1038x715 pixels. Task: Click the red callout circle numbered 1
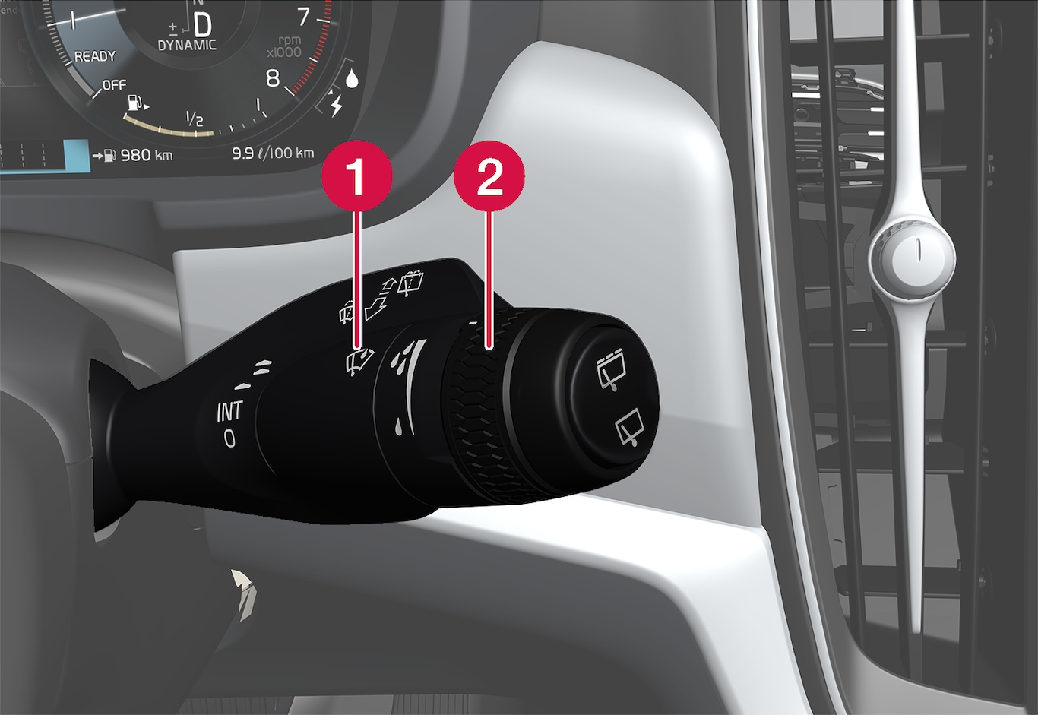[x=357, y=176]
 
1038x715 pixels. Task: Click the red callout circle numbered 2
[x=489, y=176]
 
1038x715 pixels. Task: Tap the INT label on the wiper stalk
[x=229, y=412]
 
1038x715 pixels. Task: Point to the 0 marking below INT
[x=229, y=438]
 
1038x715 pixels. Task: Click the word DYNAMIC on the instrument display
[x=187, y=45]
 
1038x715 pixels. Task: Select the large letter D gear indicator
[x=202, y=24]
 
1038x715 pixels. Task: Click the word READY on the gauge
[x=95, y=56]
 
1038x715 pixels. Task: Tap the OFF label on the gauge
[x=114, y=85]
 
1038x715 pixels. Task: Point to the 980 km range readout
[x=147, y=155]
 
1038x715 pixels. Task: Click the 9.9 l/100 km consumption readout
[x=273, y=153]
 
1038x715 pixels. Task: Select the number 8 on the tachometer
[x=273, y=78]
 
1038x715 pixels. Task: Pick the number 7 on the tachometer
[x=303, y=17]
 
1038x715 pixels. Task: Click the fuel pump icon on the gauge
[x=135, y=103]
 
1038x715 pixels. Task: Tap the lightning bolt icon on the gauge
[x=337, y=106]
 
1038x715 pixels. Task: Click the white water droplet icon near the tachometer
[x=352, y=78]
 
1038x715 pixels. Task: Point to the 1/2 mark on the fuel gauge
[x=195, y=119]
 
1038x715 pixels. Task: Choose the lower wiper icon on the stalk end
[x=629, y=427]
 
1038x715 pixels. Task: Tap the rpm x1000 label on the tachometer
[x=284, y=47]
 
